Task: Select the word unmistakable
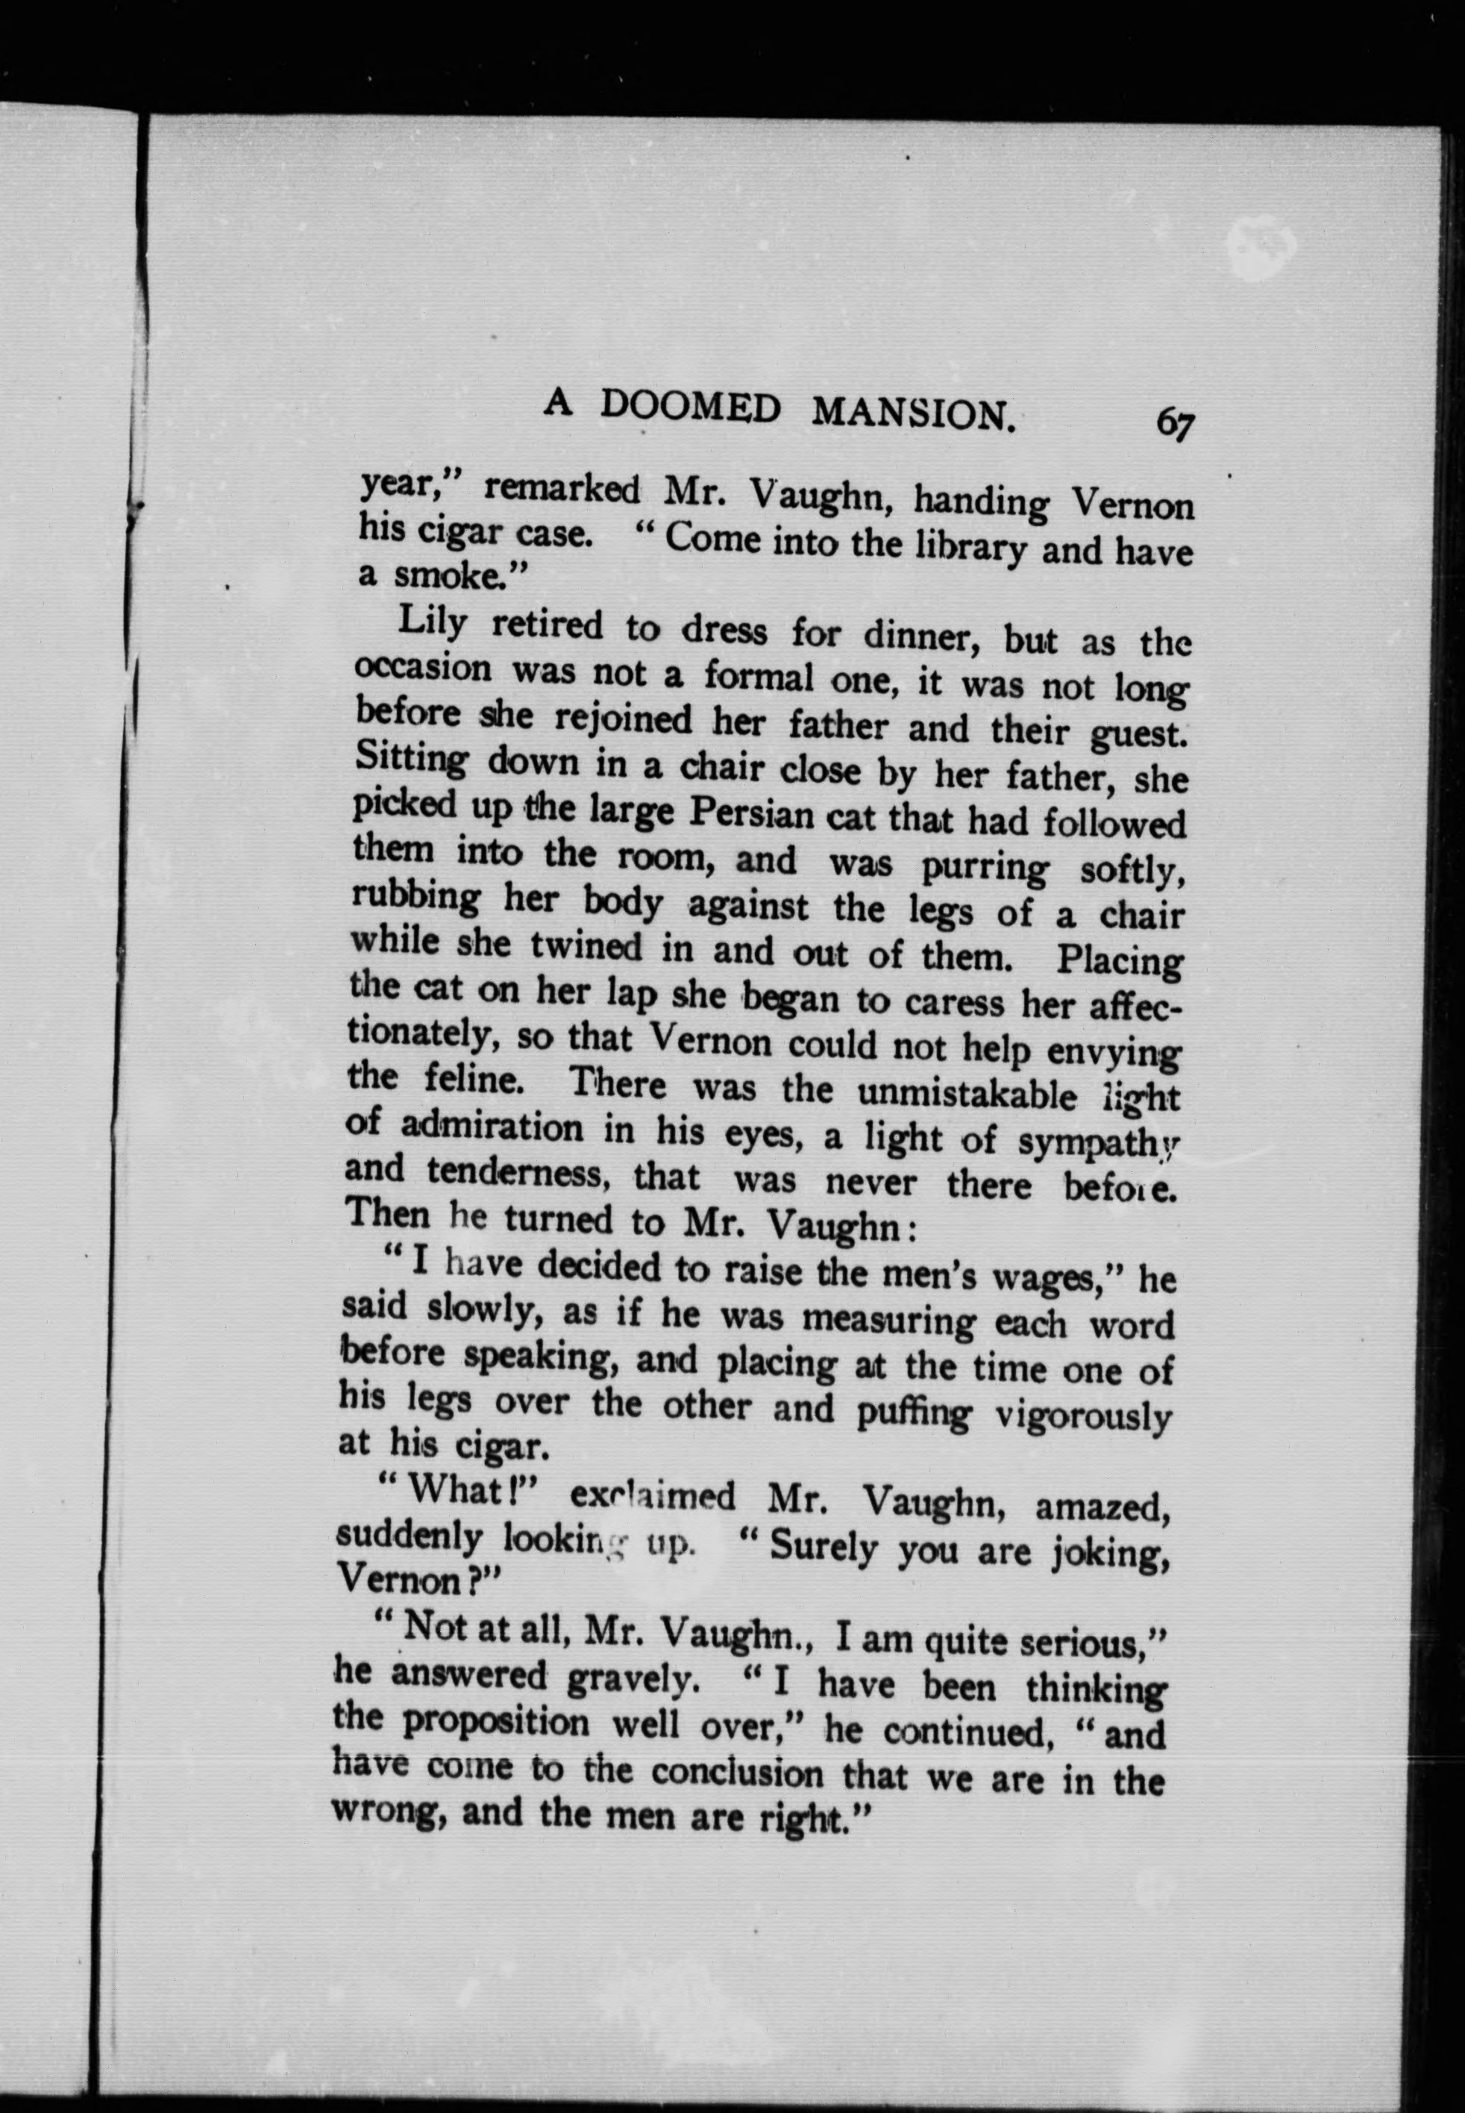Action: (966, 1094)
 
